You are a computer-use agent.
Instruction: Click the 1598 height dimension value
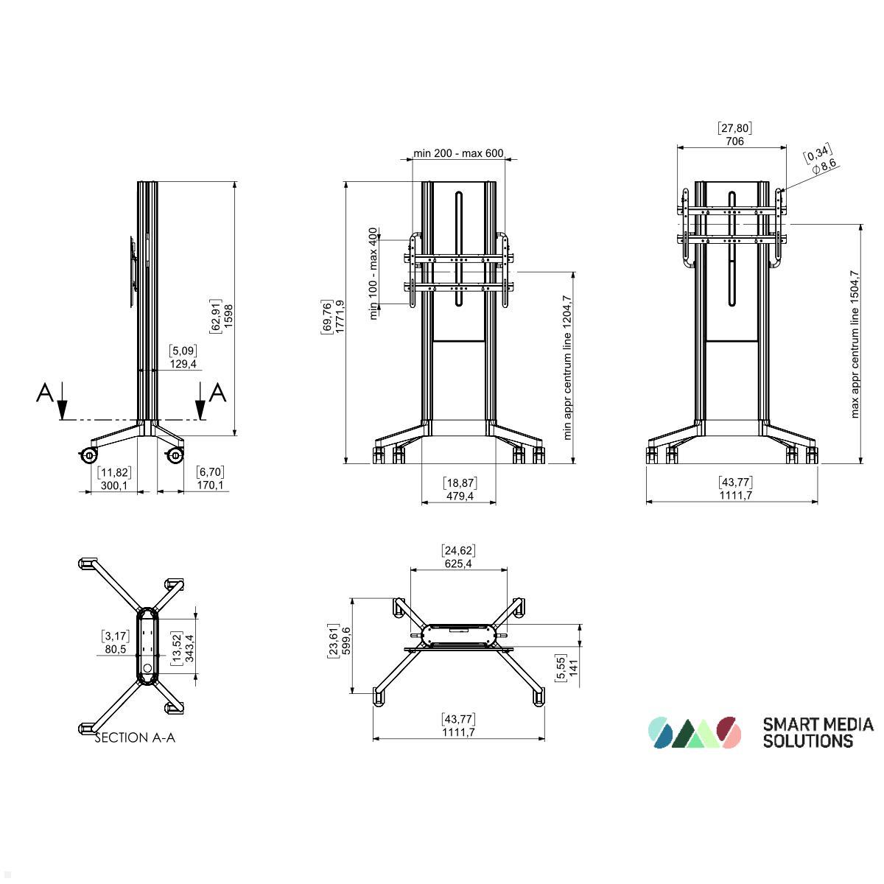point(228,315)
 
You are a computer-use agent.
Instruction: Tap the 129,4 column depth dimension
point(183,364)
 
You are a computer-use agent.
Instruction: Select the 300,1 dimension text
point(113,485)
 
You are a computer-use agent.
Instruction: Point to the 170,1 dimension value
point(210,485)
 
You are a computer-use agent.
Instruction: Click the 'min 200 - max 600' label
point(458,152)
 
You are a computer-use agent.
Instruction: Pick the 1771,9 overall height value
point(340,317)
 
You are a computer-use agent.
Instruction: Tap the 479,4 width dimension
point(460,496)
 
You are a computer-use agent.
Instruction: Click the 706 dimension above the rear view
point(734,141)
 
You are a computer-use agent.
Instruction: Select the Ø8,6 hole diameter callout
point(824,166)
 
